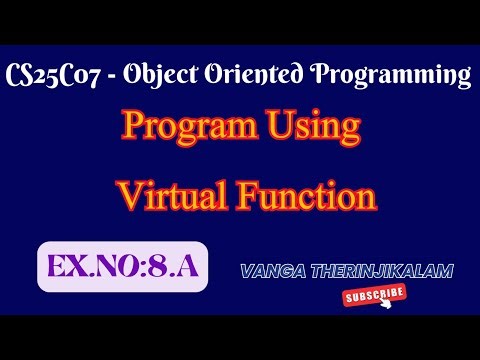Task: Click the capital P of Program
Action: pyautogui.click(x=133, y=129)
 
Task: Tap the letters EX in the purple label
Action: pyautogui.click(x=65, y=267)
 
